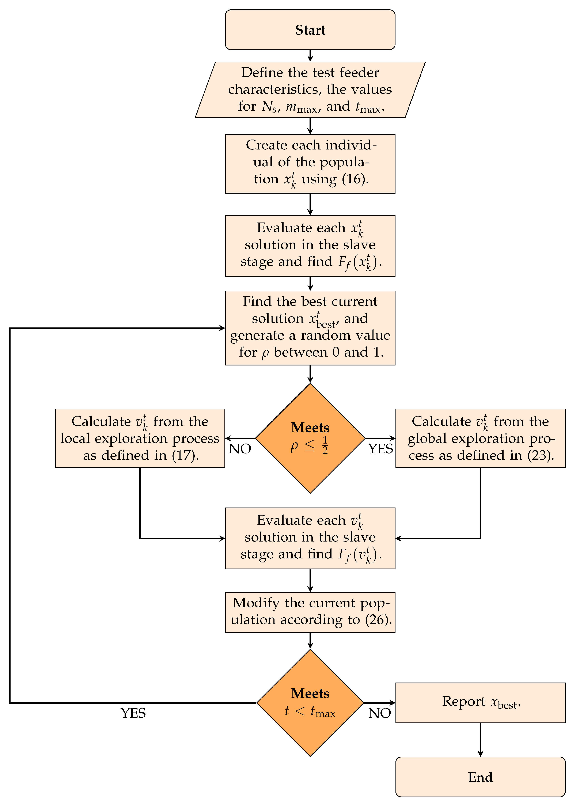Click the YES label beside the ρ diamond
(380, 449)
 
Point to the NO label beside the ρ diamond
(240, 449)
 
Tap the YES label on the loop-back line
(133, 713)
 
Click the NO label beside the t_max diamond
(379, 713)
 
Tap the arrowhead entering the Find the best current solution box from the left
(222, 328)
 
